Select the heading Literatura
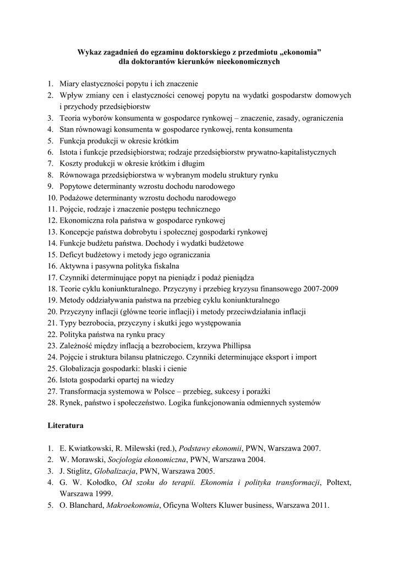click(65, 426)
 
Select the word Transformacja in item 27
click(85, 391)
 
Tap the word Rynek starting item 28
click(71, 403)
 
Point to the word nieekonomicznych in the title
click(245, 62)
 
